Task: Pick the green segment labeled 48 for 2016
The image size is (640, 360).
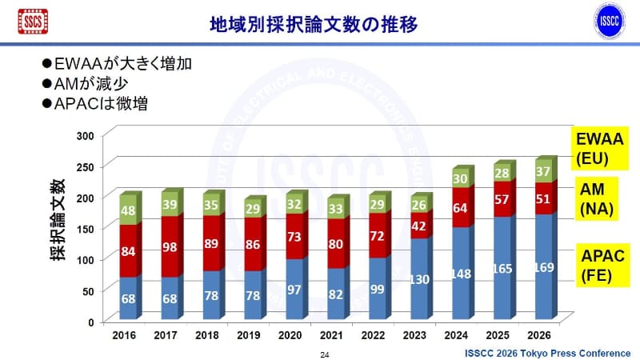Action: tap(128, 210)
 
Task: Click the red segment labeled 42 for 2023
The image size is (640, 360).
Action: tap(419, 226)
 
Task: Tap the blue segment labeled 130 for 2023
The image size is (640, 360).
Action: tap(419, 279)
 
